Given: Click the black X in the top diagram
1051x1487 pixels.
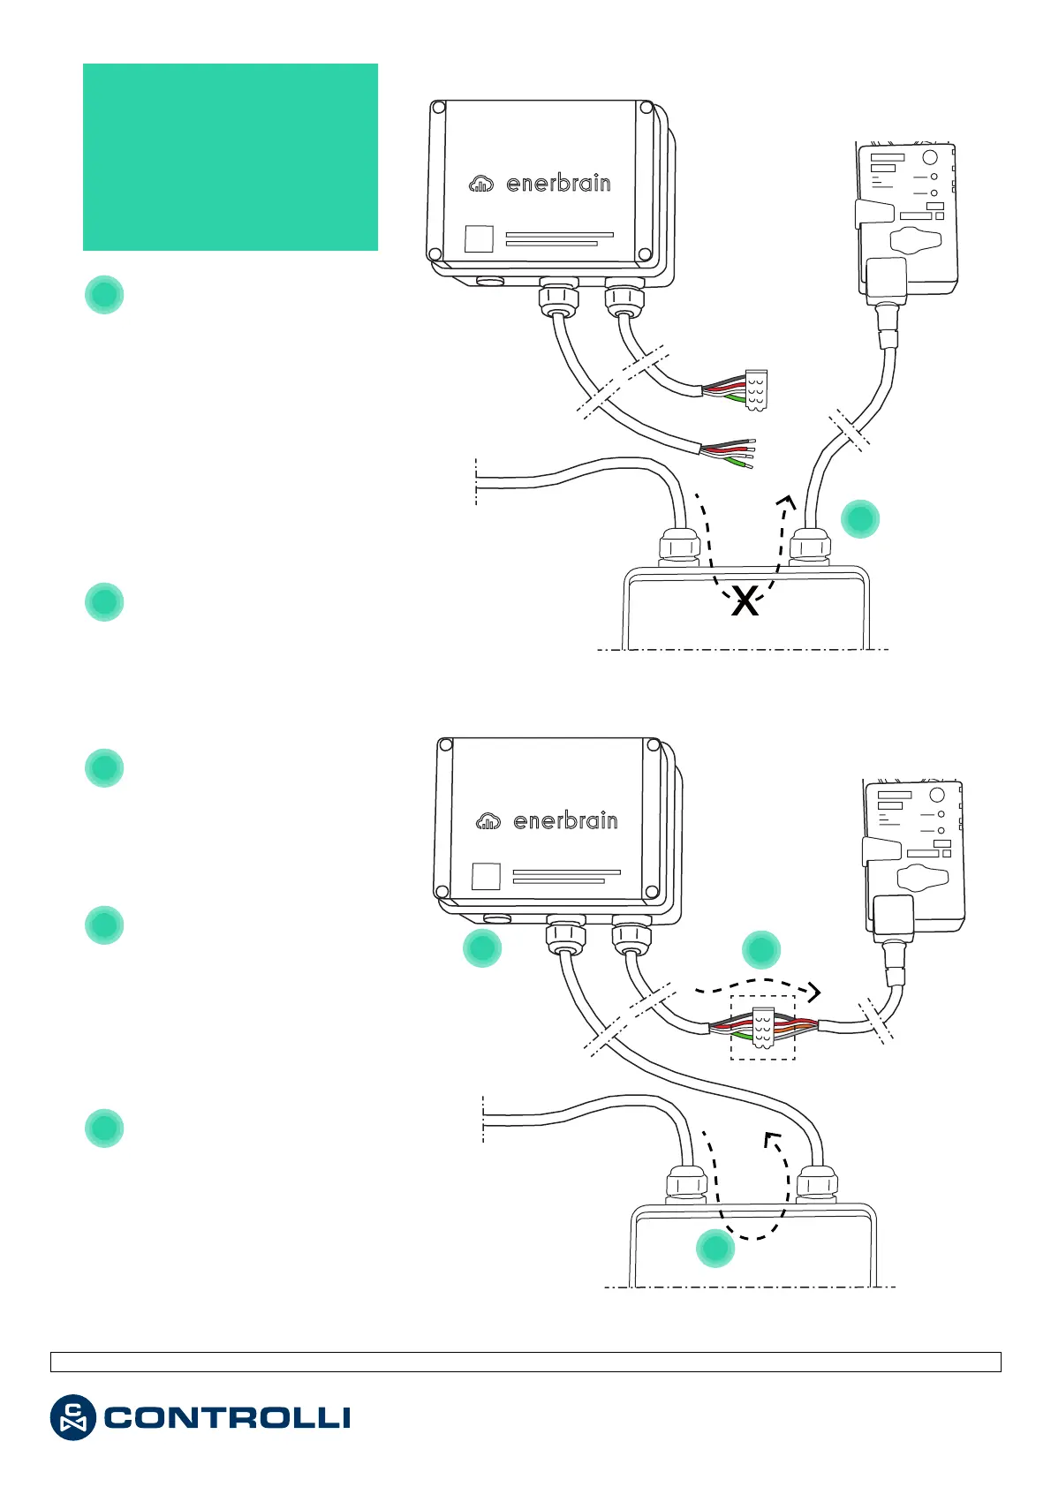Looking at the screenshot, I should tap(745, 602).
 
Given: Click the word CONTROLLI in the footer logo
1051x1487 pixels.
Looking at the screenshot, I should tap(227, 1418).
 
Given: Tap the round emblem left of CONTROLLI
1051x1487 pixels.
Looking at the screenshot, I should tap(72, 1418).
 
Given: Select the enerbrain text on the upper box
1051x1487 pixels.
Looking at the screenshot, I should tap(558, 184).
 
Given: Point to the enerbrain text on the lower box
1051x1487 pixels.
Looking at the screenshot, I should tap(565, 821).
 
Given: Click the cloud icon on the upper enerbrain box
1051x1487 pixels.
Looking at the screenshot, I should tap(481, 184).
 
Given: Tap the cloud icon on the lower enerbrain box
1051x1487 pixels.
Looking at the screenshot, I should tap(488, 821).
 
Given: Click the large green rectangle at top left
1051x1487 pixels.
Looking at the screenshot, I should tap(231, 157).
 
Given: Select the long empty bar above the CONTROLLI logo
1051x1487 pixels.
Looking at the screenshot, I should tap(525, 1362).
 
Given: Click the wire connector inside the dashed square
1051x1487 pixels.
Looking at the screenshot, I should tap(762, 1028).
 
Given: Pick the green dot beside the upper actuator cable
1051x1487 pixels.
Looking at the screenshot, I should tap(859, 518).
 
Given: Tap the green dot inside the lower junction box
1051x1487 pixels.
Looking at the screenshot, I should tap(715, 1249).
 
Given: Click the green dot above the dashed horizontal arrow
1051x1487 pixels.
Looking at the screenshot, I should tap(760, 950).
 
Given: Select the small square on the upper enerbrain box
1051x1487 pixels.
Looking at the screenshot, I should tap(479, 239).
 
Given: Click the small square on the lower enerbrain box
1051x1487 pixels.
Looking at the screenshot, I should tap(486, 876).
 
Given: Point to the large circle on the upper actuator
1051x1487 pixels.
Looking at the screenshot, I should tap(929, 158).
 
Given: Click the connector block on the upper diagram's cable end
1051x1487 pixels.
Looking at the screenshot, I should tap(756, 389).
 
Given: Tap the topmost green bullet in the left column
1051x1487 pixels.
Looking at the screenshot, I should tap(104, 295).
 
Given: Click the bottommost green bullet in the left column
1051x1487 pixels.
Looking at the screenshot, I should tap(104, 1128).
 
